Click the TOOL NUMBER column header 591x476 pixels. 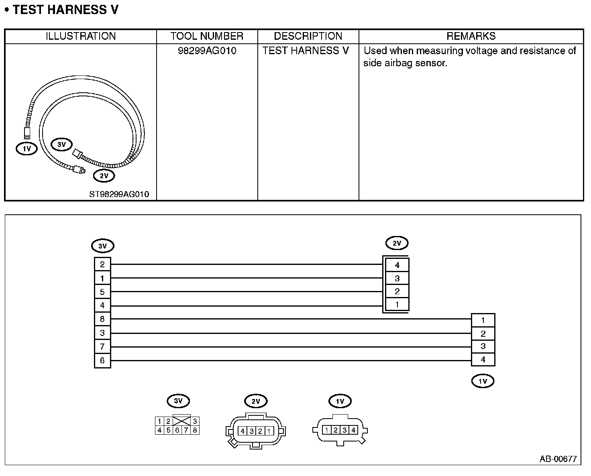[207, 36]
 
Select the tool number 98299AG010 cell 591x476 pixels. [207, 51]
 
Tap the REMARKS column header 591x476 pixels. [471, 36]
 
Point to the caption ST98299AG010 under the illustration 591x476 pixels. [119, 194]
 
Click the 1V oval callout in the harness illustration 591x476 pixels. [26, 149]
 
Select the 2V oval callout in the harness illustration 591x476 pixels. [104, 176]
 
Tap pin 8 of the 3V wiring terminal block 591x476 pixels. [102, 319]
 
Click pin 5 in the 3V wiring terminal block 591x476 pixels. [102, 292]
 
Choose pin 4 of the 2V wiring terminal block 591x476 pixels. [397, 265]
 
